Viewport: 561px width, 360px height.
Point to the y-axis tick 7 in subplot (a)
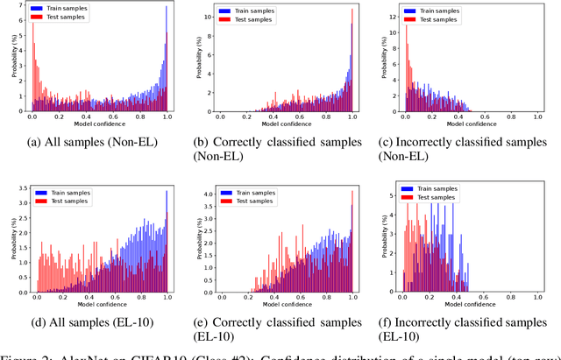click(23, 7)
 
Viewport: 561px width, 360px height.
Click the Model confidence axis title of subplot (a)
click(99, 124)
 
